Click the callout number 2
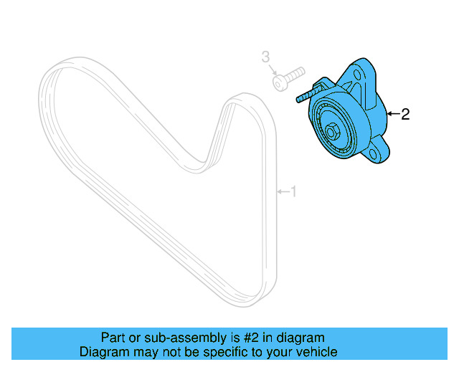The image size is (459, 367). click(405, 114)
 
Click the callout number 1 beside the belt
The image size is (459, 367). click(292, 191)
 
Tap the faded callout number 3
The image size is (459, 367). click(265, 56)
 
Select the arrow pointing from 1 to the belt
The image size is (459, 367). click(282, 191)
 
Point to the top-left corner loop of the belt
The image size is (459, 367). click(54, 75)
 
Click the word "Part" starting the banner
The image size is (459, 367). click(112, 337)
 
